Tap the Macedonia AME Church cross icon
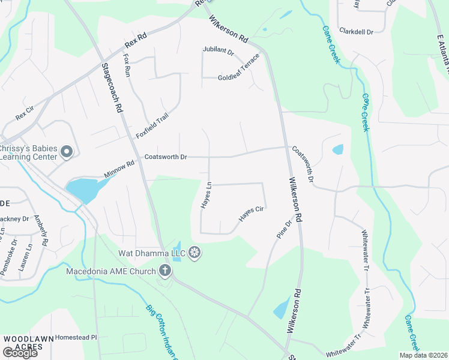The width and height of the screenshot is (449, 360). pos(165,271)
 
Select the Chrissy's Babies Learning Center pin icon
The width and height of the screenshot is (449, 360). pos(67,152)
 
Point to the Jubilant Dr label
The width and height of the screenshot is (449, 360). pos(218,52)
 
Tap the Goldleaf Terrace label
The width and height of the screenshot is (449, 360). pos(239,68)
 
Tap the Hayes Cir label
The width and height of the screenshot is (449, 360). pos(252,214)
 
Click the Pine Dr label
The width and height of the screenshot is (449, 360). pos(284,230)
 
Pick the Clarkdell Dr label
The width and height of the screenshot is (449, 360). pos(356,31)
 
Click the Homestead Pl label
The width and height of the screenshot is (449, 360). pos(76,338)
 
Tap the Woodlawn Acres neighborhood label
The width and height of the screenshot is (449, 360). pos(25,343)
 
